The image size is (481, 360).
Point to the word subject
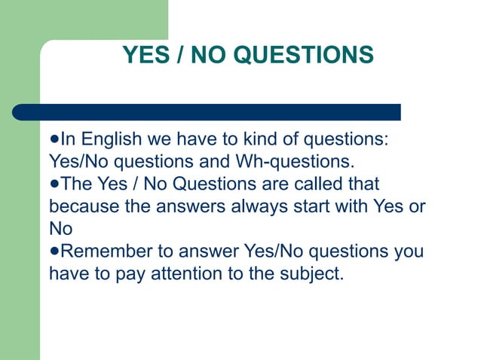tap(311, 272)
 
